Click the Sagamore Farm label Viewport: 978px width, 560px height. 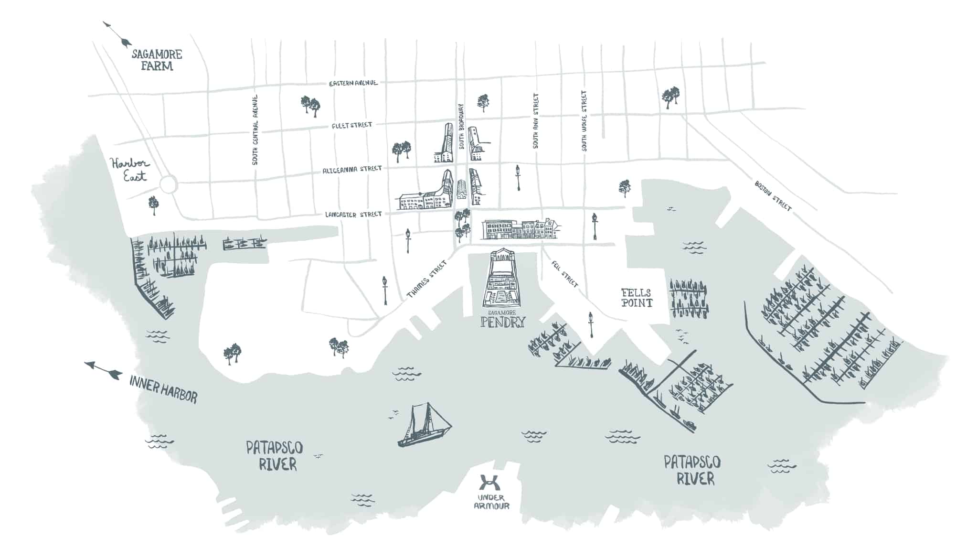pos(157,60)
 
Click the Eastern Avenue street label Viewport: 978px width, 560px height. pos(353,83)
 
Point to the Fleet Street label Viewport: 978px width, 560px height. pos(351,125)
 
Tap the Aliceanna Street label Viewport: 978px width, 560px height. pos(352,170)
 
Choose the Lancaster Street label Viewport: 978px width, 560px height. pos(353,215)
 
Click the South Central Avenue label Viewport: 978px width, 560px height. pos(255,130)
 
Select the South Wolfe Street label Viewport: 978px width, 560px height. pos(584,121)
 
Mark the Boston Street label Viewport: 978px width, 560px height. pos(773,195)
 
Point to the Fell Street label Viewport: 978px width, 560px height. pos(564,274)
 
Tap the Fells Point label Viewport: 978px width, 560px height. pos(636,298)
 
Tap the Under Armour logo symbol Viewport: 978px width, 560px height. pos(488,483)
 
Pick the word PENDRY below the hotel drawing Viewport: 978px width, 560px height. pos(502,322)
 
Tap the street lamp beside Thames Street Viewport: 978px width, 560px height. pos(385,290)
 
